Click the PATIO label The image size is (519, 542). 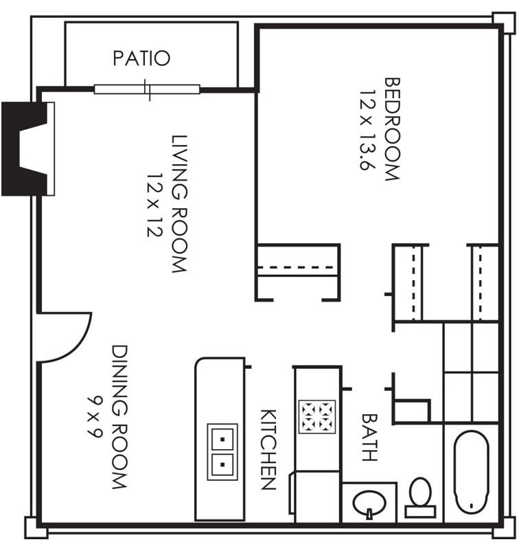(141, 58)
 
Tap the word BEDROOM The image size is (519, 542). (392, 129)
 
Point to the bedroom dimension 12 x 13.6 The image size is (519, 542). (367, 131)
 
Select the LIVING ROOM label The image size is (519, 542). (180, 204)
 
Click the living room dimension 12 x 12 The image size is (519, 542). (154, 205)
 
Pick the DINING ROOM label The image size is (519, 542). (119, 417)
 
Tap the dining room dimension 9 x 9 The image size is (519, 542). (94, 417)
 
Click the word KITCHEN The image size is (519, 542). (268, 449)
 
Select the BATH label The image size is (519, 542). (369, 438)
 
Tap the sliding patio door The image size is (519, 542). (147, 89)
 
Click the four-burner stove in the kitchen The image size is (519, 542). (317, 417)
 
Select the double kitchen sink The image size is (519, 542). (222, 452)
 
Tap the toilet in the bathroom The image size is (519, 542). (420, 497)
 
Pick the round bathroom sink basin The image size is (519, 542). (369, 503)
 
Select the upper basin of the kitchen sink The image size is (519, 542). (222, 439)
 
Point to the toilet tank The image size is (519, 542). (420, 512)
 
